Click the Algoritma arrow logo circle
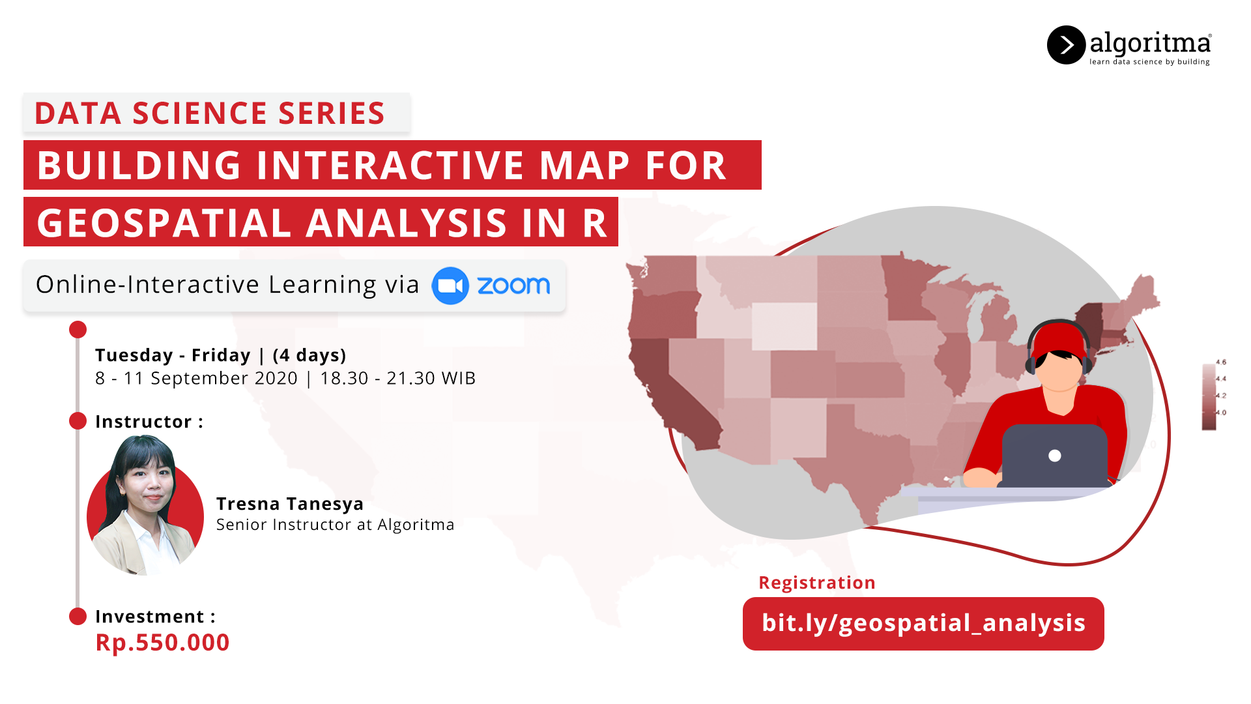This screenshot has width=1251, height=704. (x=1066, y=45)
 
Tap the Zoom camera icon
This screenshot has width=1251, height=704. (x=450, y=286)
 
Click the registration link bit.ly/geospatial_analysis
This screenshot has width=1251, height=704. (x=923, y=623)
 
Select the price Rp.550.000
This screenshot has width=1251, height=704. (x=162, y=643)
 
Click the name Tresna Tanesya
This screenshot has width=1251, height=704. (x=290, y=504)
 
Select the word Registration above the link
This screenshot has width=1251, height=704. (x=817, y=583)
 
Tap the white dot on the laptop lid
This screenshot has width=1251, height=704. (x=1055, y=456)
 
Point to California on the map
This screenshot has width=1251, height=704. (x=671, y=391)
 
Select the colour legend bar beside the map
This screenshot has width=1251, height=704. (x=1209, y=396)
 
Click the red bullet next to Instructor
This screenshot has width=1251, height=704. (x=78, y=421)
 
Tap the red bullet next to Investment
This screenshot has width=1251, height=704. (x=78, y=616)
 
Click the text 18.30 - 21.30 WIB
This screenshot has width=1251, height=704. (x=397, y=378)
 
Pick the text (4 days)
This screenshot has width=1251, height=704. (x=309, y=355)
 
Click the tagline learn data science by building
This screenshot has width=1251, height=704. (x=1149, y=62)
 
